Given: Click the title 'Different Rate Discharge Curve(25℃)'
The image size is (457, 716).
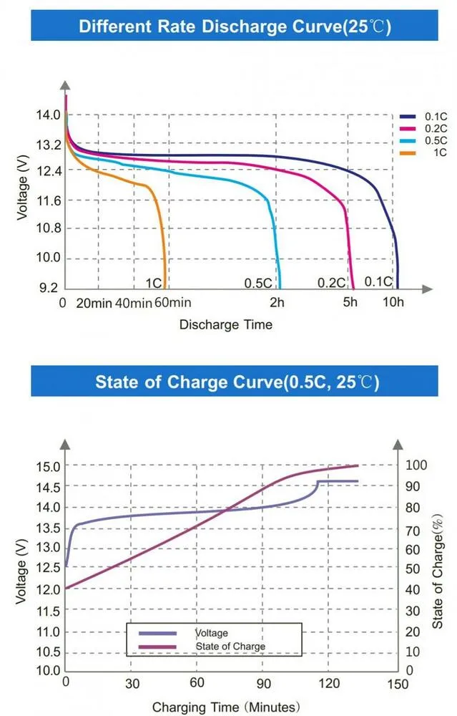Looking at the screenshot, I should [235, 27].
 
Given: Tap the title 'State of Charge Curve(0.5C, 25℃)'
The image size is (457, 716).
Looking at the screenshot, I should [235, 381].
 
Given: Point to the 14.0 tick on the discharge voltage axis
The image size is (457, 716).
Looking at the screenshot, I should [48, 115].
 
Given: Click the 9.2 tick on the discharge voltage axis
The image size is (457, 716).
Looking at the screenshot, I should [48, 288].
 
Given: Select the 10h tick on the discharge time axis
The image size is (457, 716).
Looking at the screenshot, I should [393, 303].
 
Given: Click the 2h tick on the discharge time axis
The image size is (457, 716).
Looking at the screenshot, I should [277, 303].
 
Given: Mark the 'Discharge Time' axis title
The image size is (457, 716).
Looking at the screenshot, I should [225, 324].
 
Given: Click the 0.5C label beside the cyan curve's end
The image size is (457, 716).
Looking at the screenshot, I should [257, 283].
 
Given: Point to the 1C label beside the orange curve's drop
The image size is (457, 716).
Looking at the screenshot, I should [153, 283].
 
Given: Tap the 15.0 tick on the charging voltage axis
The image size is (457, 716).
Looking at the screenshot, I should [47, 465].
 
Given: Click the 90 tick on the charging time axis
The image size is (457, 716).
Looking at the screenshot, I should [263, 685].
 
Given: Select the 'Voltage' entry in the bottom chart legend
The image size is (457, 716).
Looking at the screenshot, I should [212, 633].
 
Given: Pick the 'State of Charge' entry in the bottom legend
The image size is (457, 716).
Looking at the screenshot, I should [230, 647].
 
